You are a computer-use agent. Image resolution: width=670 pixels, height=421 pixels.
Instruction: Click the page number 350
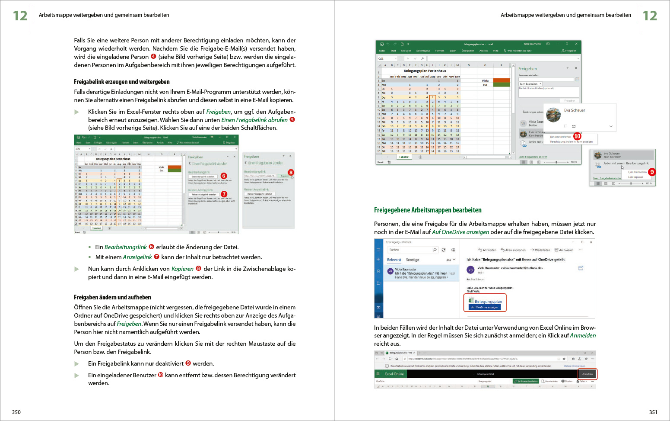tap(16, 412)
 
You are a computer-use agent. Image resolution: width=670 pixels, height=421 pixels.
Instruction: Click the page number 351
tap(653, 412)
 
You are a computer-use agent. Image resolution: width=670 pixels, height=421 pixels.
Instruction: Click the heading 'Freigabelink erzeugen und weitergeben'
tap(121, 82)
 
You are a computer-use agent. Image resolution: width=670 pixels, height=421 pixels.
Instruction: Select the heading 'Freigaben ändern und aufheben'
tap(112, 297)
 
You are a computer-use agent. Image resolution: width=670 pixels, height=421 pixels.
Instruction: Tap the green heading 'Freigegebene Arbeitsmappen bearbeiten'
tap(428, 210)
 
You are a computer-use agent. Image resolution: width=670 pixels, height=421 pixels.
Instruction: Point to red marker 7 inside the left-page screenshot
tap(224, 194)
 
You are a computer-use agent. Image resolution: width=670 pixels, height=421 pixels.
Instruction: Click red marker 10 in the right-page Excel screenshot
tap(577, 136)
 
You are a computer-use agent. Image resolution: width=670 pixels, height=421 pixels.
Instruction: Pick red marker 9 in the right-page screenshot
tap(652, 172)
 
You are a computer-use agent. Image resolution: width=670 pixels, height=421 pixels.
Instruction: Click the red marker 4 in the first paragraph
tap(153, 57)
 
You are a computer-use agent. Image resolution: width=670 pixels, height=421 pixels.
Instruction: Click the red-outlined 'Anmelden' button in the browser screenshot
tap(587, 374)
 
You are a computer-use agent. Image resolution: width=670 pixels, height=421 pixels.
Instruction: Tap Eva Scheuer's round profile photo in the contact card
tap(553, 115)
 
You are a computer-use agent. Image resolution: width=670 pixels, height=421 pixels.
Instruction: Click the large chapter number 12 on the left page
tap(20, 16)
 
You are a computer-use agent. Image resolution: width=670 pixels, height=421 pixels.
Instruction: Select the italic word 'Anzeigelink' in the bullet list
tap(137, 257)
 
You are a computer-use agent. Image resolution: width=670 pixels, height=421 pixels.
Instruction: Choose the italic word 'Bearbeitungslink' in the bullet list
tap(125, 247)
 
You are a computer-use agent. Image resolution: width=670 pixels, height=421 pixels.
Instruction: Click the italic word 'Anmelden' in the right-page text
tap(583, 335)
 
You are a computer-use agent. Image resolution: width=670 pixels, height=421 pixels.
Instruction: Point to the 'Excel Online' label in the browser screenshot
tap(394, 374)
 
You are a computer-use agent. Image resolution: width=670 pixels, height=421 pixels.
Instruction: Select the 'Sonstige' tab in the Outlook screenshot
tap(413, 260)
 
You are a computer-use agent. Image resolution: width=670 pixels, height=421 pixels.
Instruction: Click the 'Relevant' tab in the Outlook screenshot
tap(394, 260)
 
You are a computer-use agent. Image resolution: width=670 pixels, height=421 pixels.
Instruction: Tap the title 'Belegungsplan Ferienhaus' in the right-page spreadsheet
tap(425, 71)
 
